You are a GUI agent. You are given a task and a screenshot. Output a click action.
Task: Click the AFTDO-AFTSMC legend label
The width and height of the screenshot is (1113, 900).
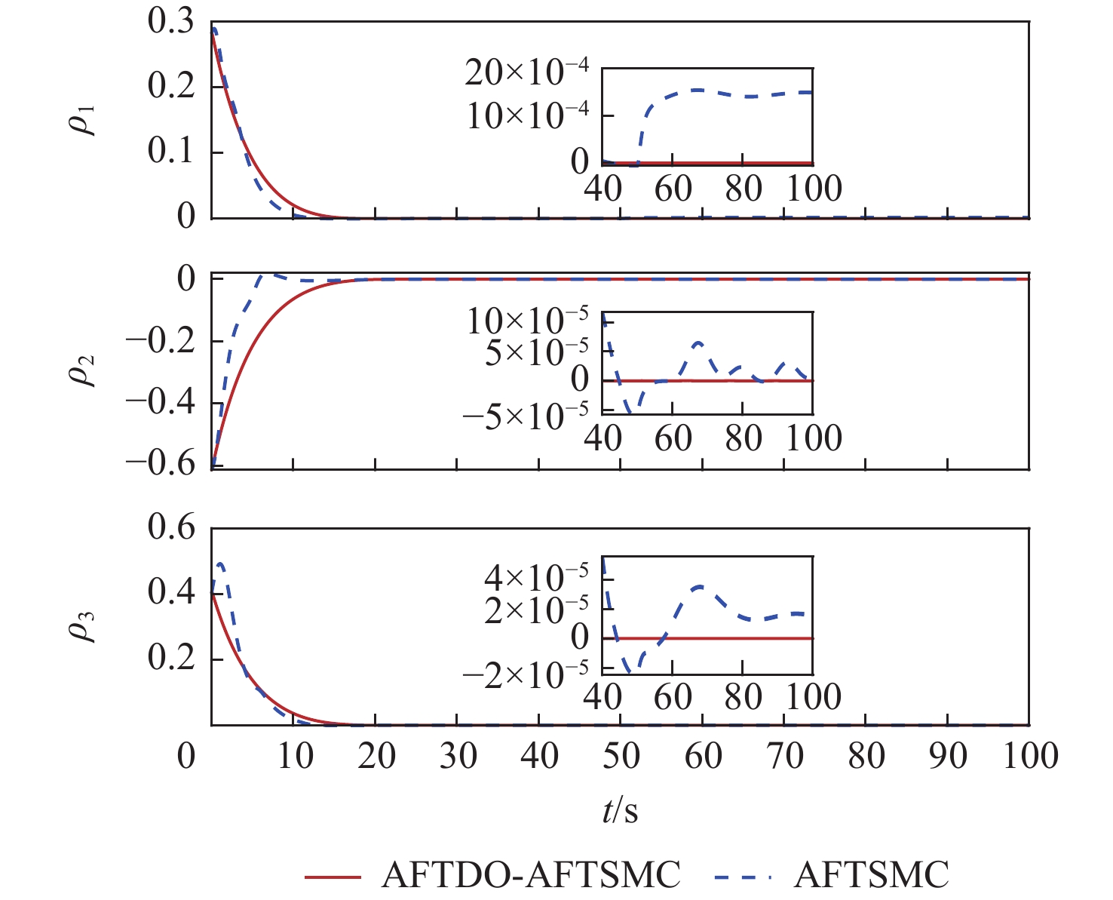[x=532, y=875]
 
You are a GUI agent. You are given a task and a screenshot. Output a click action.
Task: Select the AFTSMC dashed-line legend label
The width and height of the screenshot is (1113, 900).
[x=872, y=875]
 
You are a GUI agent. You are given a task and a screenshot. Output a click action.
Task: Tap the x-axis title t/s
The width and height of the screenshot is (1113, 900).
[x=620, y=812]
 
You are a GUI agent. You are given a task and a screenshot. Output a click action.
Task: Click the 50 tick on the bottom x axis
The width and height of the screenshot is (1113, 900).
[x=621, y=755]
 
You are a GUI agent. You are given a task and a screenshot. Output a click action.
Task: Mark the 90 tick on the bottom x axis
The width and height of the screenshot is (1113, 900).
[x=948, y=755]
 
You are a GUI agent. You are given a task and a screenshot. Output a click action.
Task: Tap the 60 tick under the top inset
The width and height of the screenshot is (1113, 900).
[x=673, y=189]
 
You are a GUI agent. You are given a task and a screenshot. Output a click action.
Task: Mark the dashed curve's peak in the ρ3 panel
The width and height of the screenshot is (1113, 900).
[x=219, y=564]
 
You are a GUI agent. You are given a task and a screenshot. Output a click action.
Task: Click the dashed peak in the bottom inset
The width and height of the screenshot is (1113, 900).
[x=700, y=586]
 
